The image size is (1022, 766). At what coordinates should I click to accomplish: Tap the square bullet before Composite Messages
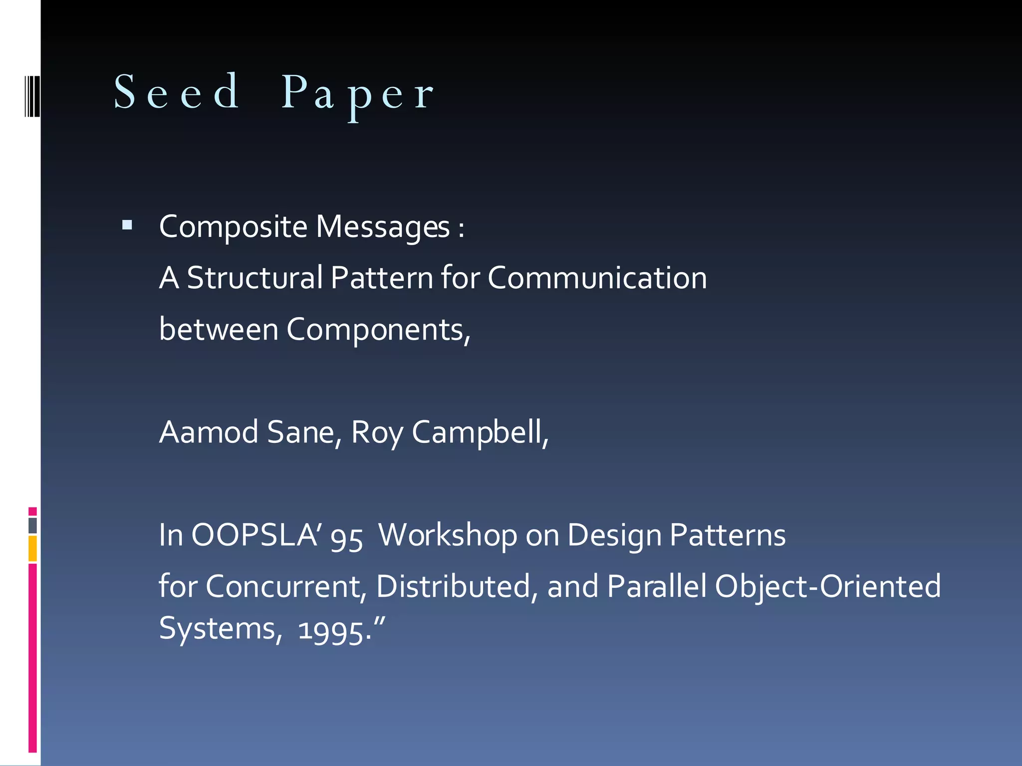(127, 225)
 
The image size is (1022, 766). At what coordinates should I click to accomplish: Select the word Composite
(233, 227)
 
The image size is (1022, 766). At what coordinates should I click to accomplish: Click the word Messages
(383, 227)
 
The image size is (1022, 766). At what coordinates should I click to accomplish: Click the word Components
(378, 330)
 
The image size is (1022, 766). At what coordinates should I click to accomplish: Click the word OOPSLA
(255, 535)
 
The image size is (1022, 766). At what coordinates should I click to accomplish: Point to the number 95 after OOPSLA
(346, 538)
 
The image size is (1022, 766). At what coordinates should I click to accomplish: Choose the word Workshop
(448, 535)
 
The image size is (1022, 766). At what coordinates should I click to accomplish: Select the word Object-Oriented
(828, 586)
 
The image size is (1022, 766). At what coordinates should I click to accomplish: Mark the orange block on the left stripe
(32, 549)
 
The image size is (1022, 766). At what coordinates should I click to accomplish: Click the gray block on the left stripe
(32, 525)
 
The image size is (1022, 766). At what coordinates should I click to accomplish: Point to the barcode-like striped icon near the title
(32, 96)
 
